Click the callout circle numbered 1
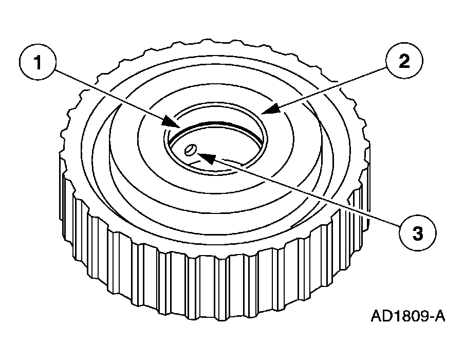tap(38, 62)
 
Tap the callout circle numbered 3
tap(418, 232)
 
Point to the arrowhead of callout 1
tap(172, 122)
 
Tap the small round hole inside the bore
tap(190, 150)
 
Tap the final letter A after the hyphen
tap(439, 316)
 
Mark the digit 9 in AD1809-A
tap(423, 316)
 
